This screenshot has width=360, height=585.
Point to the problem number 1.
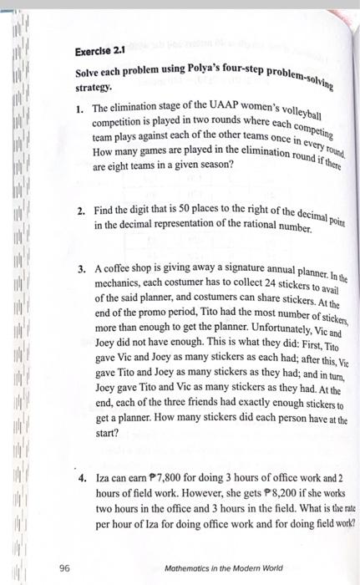pos(80,109)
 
